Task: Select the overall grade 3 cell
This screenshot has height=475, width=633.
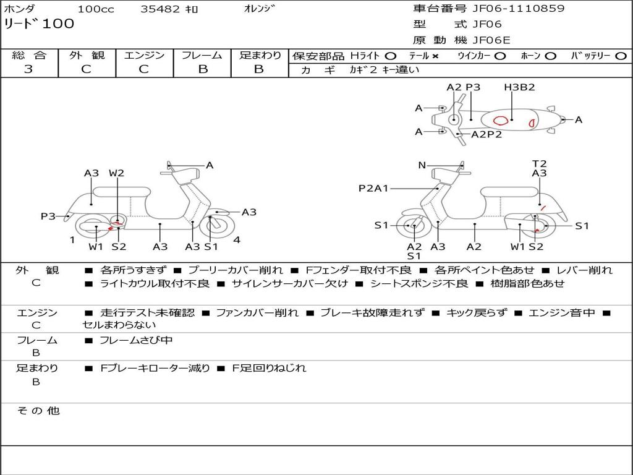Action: pyautogui.click(x=29, y=69)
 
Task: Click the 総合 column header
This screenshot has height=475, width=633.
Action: pyautogui.click(x=29, y=56)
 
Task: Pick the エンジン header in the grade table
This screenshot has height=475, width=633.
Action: pyautogui.click(x=144, y=56)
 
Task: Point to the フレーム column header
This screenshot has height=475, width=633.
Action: pyautogui.click(x=202, y=56)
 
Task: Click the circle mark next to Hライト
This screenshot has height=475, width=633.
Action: pyautogui.click(x=390, y=56)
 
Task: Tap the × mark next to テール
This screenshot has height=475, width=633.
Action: pyautogui.click(x=435, y=56)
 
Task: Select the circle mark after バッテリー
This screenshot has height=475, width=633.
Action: pyautogui.click(x=621, y=56)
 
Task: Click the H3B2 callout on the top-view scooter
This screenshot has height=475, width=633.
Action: pyautogui.click(x=519, y=87)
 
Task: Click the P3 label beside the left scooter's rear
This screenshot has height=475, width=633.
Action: pyautogui.click(x=48, y=216)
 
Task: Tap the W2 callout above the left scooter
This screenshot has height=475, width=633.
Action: pyautogui.click(x=116, y=173)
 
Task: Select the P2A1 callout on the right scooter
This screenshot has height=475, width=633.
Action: pyautogui.click(x=373, y=188)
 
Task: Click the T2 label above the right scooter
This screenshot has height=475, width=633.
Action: pyautogui.click(x=540, y=164)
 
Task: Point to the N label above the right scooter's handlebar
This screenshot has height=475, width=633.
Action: pyautogui.click(x=422, y=165)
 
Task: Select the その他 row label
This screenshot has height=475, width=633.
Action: pyautogui.click(x=38, y=411)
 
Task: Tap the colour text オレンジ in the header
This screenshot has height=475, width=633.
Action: pyautogui.click(x=259, y=9)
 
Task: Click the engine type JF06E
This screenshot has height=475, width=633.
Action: pyautogui.click(x=491, y=40)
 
